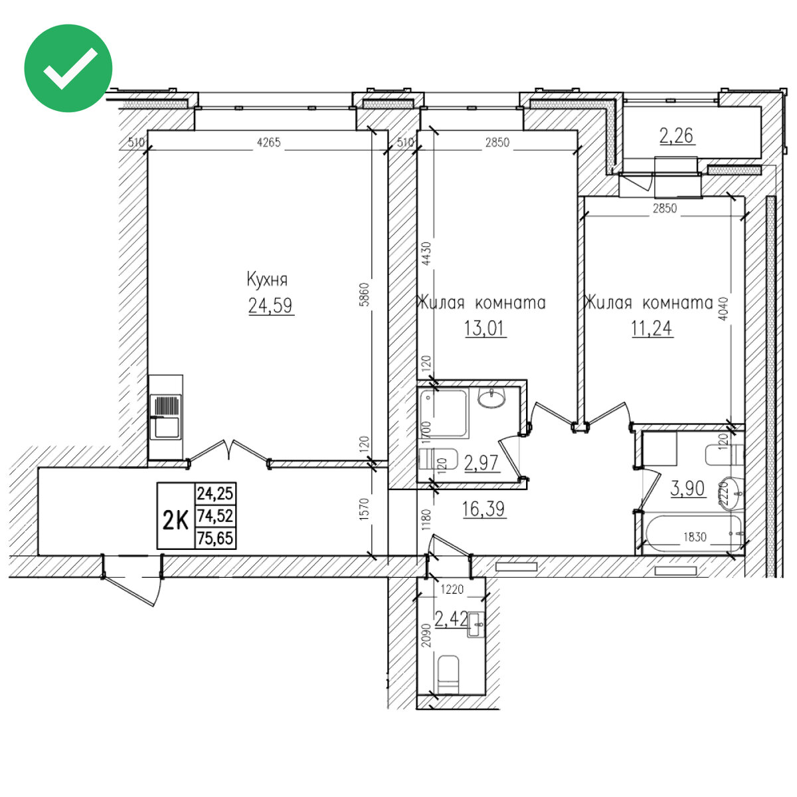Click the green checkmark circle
(x=68, y=68)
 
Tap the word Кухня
(x=267, y=280)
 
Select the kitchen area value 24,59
(x=270, y=306)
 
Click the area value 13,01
(x=484, y=328)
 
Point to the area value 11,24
(x=652, y=328)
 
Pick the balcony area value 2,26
(x=676, y=135)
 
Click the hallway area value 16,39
(x=484, y=509)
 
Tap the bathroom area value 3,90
(x=687, y=488)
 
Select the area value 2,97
(x=481, y=463)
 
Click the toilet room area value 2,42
(x=451, y=619)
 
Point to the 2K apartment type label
(x=176, y=520)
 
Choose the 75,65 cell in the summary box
(x=215, y=539)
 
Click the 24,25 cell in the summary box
(x=215, y=493)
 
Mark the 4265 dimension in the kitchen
(x=269, y=143)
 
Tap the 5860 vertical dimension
(x=364, y=294)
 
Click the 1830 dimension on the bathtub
(x=695, y=537)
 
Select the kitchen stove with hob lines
(x=165, y=406)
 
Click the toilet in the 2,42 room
(x=448, y=674)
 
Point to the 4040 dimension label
(x=723, y=310)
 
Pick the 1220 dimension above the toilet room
(x=452, y=589)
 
